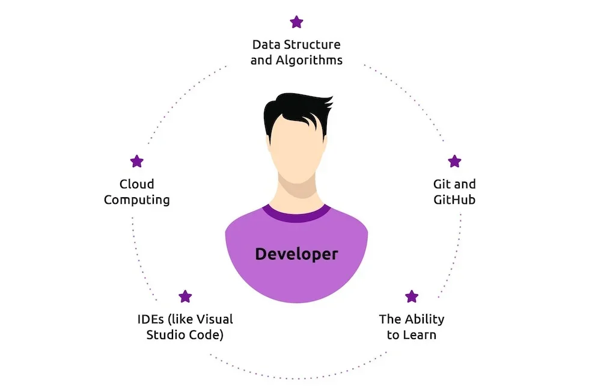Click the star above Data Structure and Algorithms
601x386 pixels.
click(296, 22)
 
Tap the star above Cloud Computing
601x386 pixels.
click(137, 161)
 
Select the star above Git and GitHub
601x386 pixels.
click(454, 161)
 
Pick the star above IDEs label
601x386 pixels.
click(185, 296)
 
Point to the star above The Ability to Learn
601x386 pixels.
click(412, 296)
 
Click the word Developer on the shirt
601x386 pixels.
click(296, 254)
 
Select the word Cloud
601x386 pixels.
click(137, 184)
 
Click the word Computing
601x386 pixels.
click(137, 200)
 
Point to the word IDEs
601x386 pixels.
click(150, 319)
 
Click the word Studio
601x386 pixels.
click(165, 335)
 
